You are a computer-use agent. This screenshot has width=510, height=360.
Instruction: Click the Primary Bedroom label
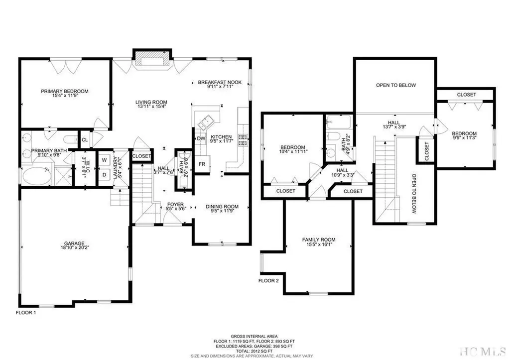[65, 91]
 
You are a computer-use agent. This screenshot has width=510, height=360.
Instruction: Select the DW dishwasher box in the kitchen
[201, 138]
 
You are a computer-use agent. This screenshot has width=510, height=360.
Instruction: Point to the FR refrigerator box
[202, 164]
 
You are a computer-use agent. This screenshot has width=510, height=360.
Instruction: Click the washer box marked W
[105, 160]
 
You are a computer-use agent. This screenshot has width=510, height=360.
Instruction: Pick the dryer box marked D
[105, 175]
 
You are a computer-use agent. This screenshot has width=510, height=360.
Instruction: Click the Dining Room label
[222, 207]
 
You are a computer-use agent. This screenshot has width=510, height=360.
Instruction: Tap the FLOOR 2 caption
[268, 281]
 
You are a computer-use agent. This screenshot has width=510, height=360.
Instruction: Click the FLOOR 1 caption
[25, 314]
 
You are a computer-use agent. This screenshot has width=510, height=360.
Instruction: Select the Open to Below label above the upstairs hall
[395, 85]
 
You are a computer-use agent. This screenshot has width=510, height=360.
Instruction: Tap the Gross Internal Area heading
[255, 337]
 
